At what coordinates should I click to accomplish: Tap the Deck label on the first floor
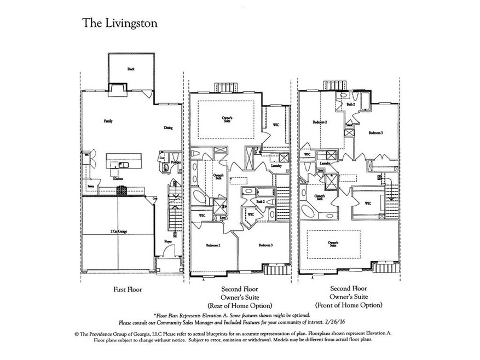pos(131,69)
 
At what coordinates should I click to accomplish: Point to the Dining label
pos(168,128)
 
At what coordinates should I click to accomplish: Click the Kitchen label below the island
pos(117,179)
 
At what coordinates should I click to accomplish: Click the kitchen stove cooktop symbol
pos(122,190)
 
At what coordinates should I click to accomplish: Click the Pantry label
pos(89,187)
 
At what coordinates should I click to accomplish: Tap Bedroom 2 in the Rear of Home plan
pos(213,245)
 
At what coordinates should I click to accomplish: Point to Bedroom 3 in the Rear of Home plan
pos(265,245)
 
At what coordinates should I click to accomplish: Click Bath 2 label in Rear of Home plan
pos(261,202)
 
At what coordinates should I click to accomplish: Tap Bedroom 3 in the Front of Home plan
pos(375,132)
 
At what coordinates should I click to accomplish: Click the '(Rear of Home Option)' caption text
pos(239,305)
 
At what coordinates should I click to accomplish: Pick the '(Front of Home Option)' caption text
pos(349,305)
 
